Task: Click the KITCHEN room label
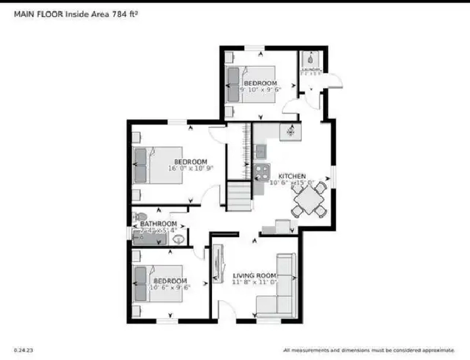pyautogui.click(x=292, y=176)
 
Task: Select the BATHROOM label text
pyautogui.click(x=158, y=223)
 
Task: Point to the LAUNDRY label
pyautogui.click(x=310, y=70)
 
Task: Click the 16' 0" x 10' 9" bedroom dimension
pyautogui.click(x=190, y=169)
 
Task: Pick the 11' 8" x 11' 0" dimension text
pyautogui.click(x=255, y=282)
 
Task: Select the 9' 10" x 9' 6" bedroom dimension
pyautogui.click(x=260, y=90)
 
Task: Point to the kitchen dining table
pyautogui.click(x=309, y=198)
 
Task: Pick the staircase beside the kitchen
pyautogui.click(x=239, y=196)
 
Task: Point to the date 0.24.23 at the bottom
pyautogui.click(x=24, y=349)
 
